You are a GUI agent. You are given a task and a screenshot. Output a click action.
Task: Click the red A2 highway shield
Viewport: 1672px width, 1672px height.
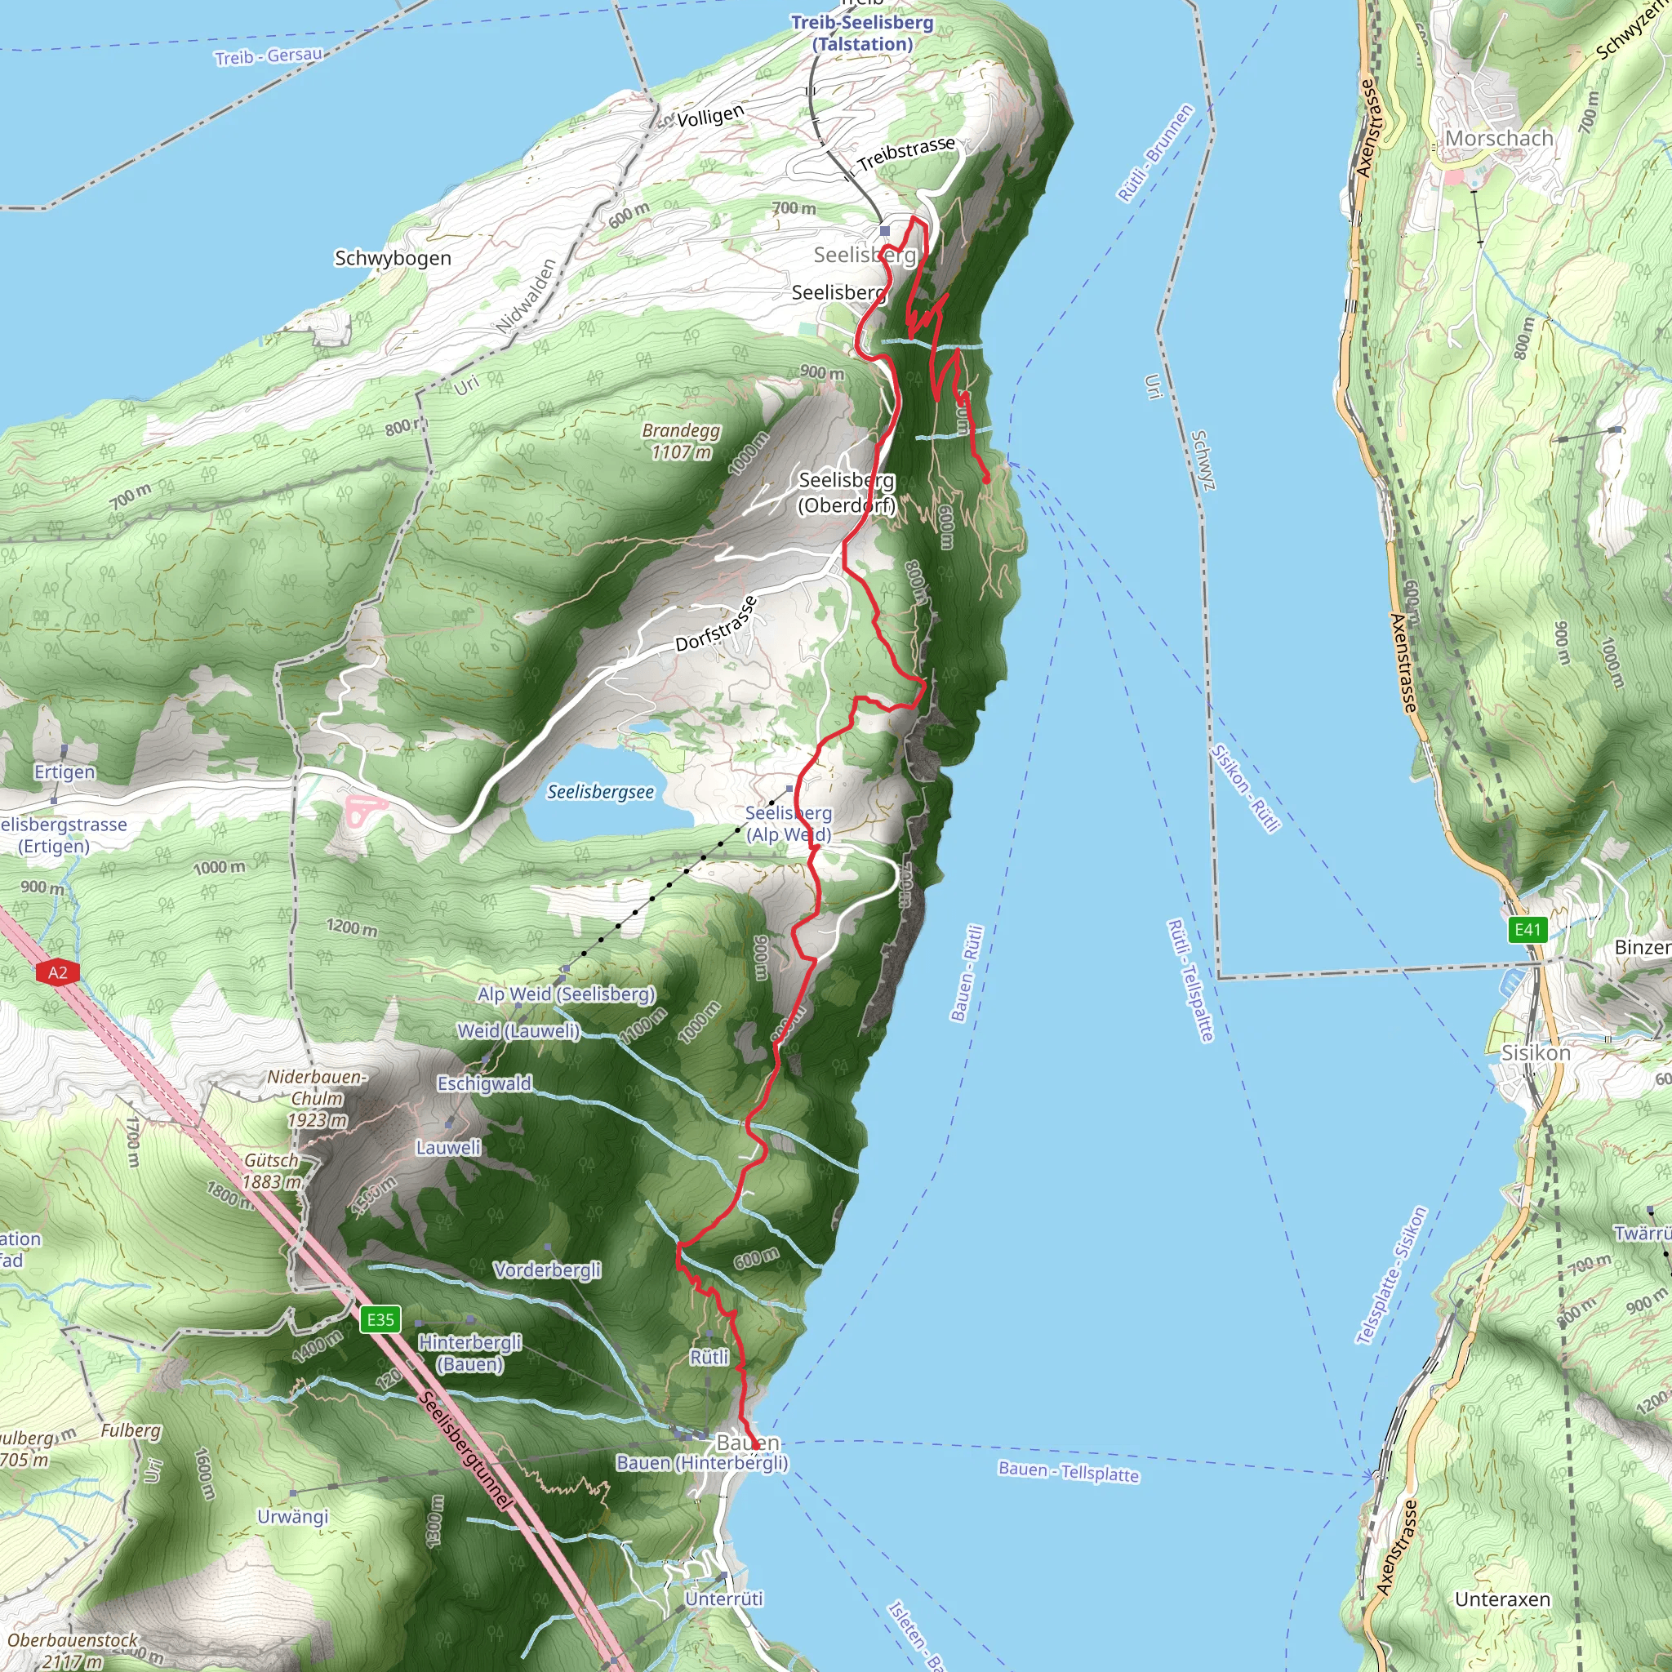58,972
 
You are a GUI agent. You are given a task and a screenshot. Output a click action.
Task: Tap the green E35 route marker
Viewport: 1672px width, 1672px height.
380,1319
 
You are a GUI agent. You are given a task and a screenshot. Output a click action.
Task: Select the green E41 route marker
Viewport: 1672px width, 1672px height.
1527,929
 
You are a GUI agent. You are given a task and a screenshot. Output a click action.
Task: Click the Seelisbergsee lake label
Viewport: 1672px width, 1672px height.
601,792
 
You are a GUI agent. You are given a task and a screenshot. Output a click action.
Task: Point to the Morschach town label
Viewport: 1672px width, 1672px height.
1499,139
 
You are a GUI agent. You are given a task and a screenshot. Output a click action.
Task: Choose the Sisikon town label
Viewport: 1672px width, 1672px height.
1536,1053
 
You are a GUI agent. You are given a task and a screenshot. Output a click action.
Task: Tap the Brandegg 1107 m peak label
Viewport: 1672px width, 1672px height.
681,441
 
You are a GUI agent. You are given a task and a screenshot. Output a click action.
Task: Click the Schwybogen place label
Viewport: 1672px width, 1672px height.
393,258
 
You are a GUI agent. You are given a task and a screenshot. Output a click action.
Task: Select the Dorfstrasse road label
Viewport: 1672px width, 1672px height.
716,623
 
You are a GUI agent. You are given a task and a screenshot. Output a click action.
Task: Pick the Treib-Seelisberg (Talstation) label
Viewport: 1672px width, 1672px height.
862,33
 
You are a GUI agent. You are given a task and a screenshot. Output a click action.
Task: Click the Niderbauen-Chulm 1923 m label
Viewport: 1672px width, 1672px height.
317,1098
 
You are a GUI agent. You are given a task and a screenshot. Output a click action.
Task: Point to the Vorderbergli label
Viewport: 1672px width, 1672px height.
547,1270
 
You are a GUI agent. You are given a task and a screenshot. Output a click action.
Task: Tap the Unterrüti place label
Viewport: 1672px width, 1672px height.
723,1599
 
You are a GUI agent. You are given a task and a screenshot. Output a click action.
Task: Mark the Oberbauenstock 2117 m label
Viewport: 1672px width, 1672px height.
73,1649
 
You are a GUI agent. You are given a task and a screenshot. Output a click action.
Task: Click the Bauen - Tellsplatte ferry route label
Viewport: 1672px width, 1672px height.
1068,1471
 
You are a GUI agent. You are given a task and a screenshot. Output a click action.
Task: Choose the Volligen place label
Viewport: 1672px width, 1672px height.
709,116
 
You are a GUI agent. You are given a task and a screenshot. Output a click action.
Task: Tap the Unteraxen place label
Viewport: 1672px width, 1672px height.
1502,1599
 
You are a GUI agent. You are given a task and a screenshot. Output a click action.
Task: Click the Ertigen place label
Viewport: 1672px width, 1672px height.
65,771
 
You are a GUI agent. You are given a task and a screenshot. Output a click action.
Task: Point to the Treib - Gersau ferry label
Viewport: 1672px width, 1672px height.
269,56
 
